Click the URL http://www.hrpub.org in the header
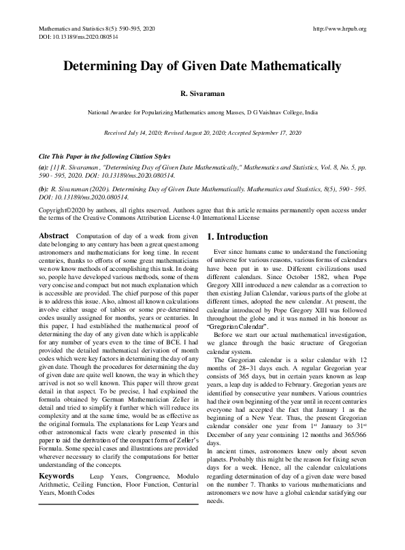coord(338,29)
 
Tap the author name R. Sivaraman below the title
coord(202,93)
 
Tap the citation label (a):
coord(44,165)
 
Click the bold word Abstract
coord(54,236)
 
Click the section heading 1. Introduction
coord(238,237)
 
